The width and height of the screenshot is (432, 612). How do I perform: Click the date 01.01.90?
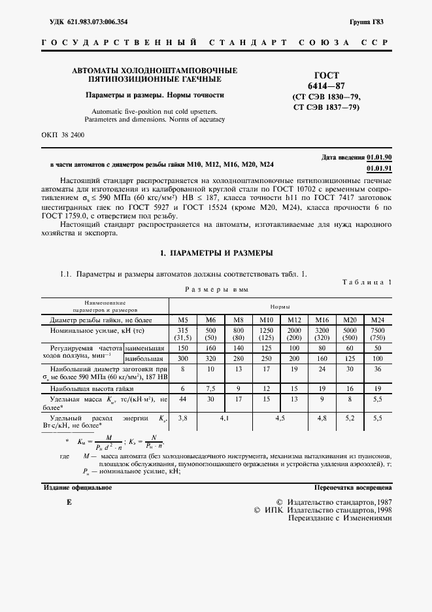coord(379,158)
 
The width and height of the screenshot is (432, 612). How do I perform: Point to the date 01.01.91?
coord(379,168)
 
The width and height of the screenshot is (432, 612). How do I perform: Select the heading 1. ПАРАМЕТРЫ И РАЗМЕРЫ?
coord(216,252)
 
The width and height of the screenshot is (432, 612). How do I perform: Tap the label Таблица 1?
coord(367,281)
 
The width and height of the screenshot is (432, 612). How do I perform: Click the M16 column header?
coord(322,319)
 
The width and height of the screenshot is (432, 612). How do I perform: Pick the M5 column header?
coord(183,319)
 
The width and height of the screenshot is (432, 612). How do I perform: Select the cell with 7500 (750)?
coord(377,334)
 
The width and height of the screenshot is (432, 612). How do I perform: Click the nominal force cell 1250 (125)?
coord(266,334)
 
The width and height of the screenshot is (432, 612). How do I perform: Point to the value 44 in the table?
coord(183,398)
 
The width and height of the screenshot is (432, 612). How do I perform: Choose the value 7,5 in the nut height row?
coord(210,387)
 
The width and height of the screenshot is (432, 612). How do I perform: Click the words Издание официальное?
coord(78,488)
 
